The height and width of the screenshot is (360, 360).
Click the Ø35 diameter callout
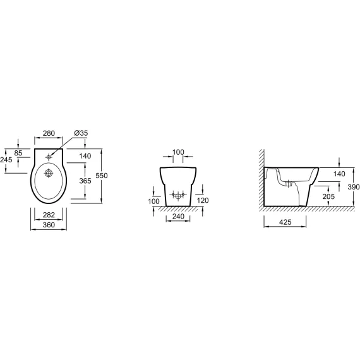81,133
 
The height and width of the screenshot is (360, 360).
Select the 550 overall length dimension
102,176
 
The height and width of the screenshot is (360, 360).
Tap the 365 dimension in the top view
85,181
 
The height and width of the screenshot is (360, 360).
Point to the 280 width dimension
49,133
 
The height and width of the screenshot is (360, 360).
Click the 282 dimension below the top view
49,215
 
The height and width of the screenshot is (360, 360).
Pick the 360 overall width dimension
49,225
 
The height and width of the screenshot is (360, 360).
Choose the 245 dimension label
6,160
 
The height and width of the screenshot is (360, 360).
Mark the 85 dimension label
18,153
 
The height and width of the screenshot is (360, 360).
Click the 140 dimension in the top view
85,156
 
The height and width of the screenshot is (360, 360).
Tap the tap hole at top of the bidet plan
49,157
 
